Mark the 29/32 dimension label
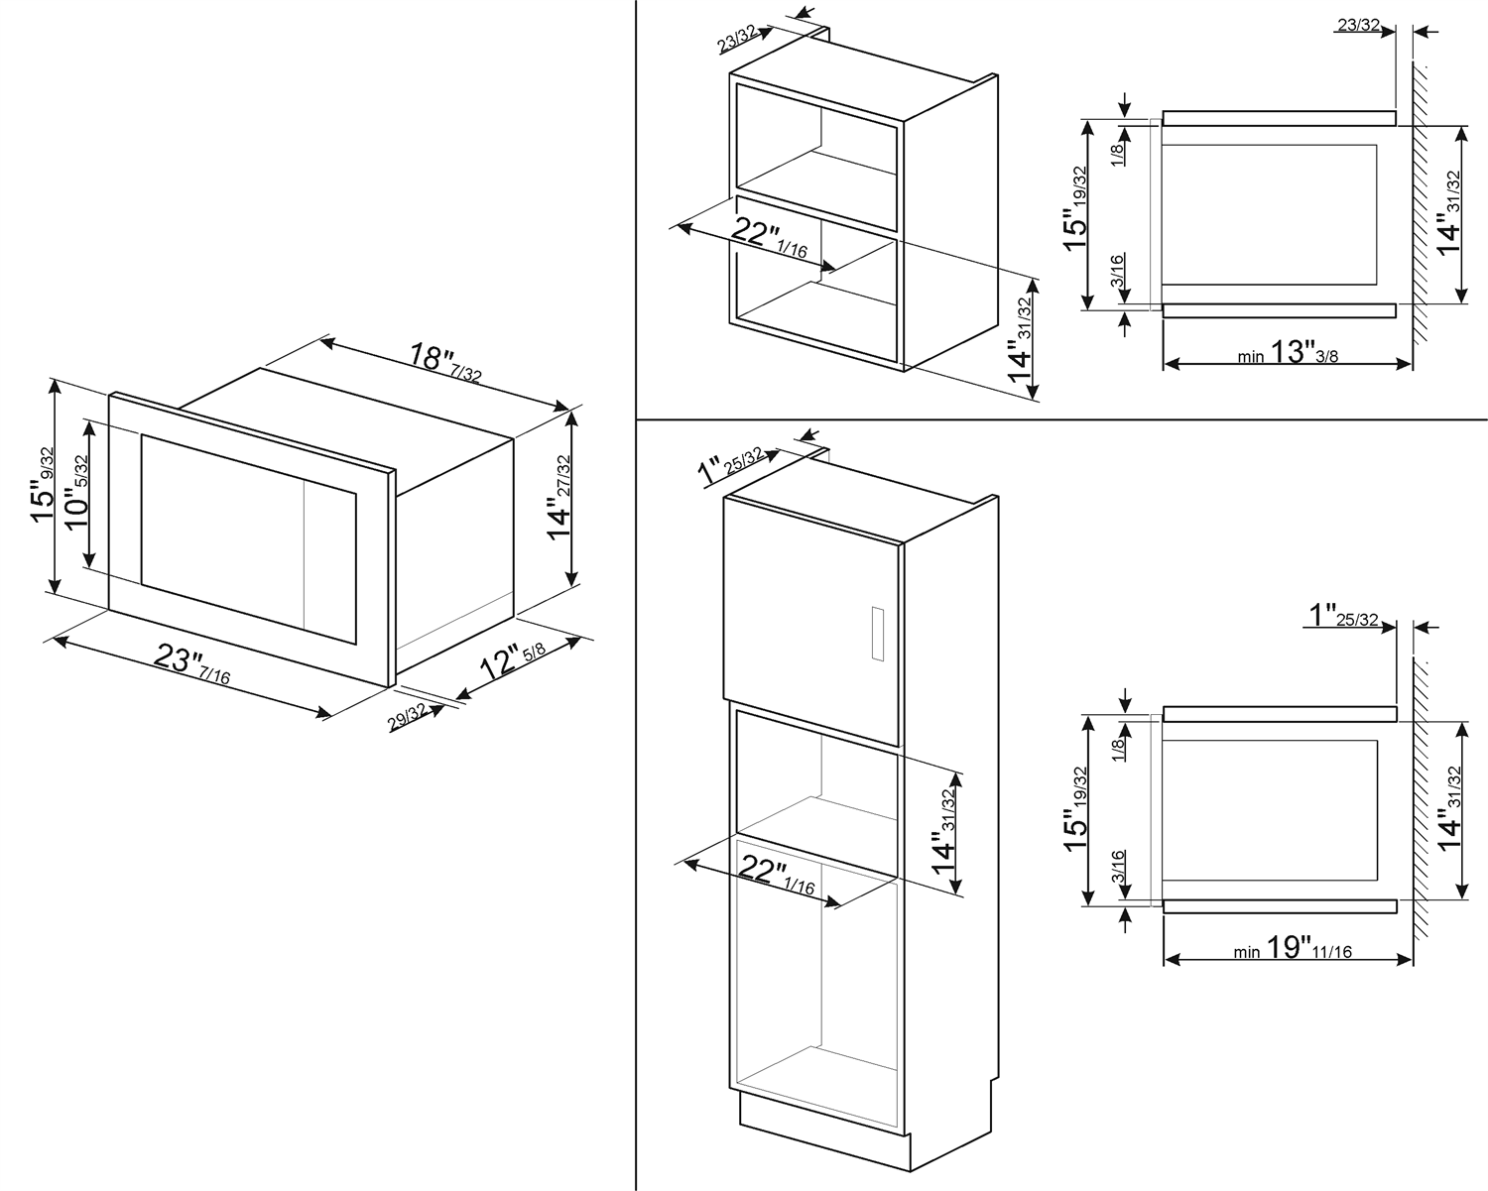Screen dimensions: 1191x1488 pos(408,717)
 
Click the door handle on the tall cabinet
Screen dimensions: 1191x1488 pos(875,632)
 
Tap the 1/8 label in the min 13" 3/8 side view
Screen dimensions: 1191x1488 pos(1117,153)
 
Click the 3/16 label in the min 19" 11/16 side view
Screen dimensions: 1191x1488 pos(1117,868)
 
